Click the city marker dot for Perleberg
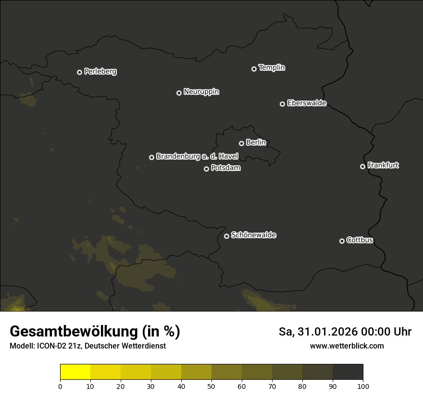click(79, 72)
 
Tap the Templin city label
click(272, 68)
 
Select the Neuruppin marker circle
click(179, 93)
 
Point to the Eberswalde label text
click(307, 103)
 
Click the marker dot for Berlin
click(241, 143)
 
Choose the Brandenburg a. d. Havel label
click(197, 156)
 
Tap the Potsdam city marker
click(206, 169)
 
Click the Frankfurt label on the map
click(383, 165)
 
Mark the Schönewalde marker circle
click(226, 236)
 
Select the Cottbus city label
click(360, 240)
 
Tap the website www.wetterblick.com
click(347, 346)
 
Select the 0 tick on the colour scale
click(60, 386)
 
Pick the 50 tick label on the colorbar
click(211, 386)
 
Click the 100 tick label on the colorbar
click(363, 386)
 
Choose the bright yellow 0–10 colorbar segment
click(75, 372)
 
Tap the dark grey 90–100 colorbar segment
click(348, 372)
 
